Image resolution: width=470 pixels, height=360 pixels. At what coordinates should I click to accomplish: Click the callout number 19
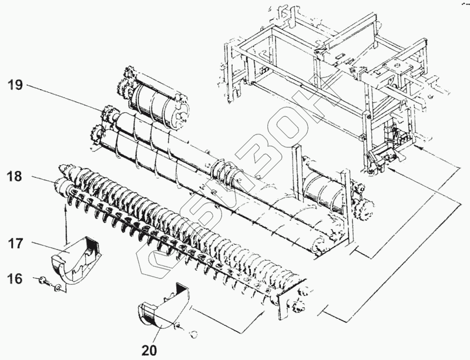point(15,85)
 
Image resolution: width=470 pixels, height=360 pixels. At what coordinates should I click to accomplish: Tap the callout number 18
point(15,176)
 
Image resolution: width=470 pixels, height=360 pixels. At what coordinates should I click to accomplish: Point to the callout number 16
point(15,278)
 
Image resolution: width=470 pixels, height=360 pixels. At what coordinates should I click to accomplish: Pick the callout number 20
point(149,350)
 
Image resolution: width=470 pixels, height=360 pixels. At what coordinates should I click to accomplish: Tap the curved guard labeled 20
point(161,308)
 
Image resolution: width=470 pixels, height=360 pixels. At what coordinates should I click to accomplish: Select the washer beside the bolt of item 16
point(57,287)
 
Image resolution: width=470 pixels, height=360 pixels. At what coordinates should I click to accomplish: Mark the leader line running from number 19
point(65,97)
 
